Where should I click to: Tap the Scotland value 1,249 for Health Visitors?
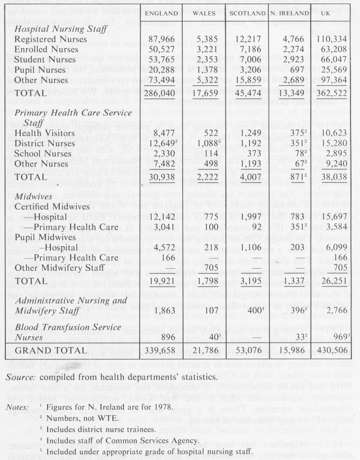252,133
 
